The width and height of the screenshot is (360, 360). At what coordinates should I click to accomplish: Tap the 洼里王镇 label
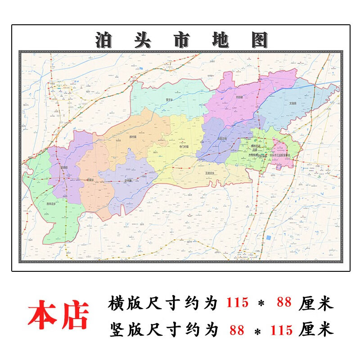pos(222,139)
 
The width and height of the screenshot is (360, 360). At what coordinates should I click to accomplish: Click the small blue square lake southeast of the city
pos(268,237)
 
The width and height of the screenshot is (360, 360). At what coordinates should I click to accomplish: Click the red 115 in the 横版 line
pos(237,303)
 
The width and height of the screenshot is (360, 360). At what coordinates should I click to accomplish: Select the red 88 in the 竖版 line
pos(237,330)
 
